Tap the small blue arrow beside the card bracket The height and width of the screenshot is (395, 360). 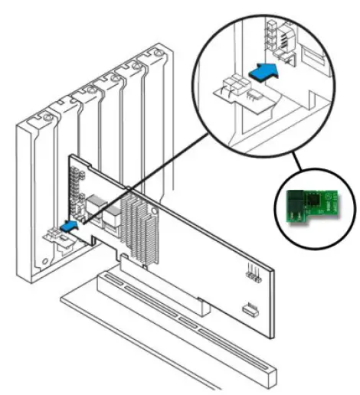tap(70, 225)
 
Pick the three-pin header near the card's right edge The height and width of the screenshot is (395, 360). tap(250, 273)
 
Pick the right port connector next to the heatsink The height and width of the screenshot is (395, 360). tap(113, 215)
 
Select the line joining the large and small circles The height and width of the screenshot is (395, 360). tap(295, 163)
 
